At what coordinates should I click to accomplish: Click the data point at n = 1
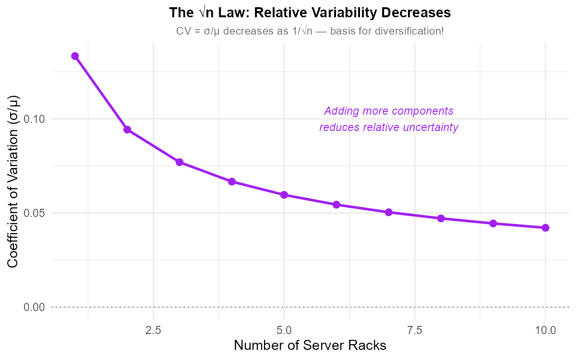(x=75, y=56)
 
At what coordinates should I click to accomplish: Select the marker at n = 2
(x=127, y=130)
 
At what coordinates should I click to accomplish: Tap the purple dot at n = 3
(x=180, y=162)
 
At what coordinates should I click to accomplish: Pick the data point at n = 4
(x=232, y=181)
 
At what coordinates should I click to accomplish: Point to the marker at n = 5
(x=284, y=195)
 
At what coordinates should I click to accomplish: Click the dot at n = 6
(x=336, y=205)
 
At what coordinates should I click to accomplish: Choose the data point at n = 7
(x=389, y=212)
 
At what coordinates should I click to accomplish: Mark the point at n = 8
(x=441, y=218)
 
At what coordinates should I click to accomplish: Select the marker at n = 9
(x=493, y=224)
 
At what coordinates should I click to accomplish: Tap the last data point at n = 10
(x=545, y=228)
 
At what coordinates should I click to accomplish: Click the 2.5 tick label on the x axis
(x=154, y=331)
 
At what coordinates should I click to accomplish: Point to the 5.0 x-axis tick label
(x=284, y=331)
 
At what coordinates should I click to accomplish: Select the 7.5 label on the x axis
(x=415, y=331)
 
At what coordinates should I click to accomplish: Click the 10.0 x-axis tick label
(x=545, y=331)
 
